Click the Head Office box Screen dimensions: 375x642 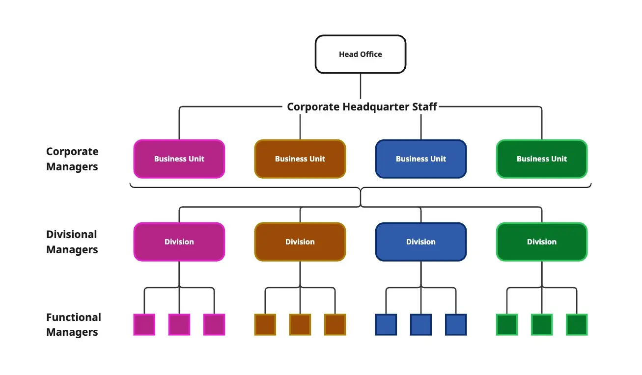coord(360,54)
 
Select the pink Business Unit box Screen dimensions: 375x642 coord(179,159)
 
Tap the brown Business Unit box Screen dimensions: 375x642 coord(300,159)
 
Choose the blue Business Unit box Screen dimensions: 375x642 coord(420,159)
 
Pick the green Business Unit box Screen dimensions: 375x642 coord(541,159)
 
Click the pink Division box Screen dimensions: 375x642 coord(179,241)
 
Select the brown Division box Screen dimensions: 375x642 coord(300,241)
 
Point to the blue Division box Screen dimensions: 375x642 coord(420,241)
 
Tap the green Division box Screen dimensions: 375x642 coord(541,241)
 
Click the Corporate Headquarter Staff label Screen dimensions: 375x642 coord(362,107)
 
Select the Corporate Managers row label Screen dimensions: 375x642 coord(72,159)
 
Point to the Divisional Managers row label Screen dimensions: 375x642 coord(72,242)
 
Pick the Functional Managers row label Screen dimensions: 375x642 coord(74,324)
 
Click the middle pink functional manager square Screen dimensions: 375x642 coord(179,324)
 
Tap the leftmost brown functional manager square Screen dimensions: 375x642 coord(265,324)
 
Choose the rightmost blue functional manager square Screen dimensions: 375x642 coord(456,324)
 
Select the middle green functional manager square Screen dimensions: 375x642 coord(542,324)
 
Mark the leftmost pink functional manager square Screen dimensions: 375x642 coord(144,324)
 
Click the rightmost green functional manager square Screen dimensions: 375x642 coord(577,324)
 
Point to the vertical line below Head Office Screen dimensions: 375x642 coord(361,86)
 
